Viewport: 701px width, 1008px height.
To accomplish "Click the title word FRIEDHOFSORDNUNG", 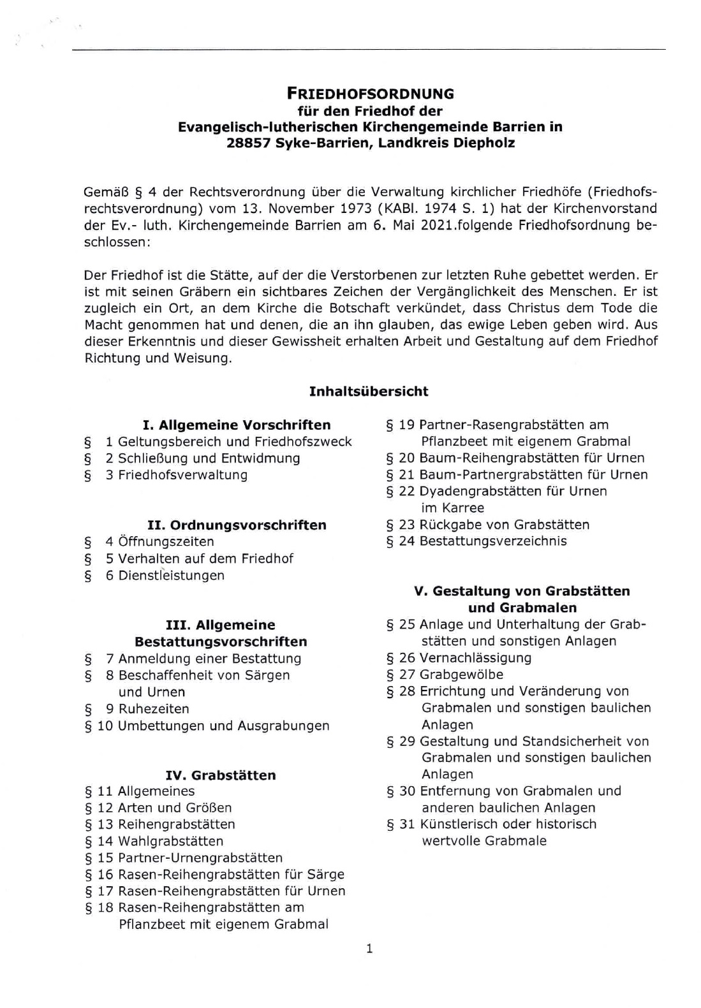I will (370, 94).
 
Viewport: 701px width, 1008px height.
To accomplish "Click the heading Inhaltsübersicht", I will (369, 391).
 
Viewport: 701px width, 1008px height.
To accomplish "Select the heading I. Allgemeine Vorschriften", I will (237, 425).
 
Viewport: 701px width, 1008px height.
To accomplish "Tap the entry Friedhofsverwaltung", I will (182, 475).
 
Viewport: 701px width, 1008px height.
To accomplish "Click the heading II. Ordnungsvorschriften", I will (237, 525).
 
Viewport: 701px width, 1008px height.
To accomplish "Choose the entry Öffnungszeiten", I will (166, 542).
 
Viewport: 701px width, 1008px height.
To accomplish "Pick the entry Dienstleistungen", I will (171, 576).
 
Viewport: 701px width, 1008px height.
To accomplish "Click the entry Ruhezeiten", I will (154, 709).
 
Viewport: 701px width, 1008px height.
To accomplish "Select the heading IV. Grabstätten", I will (221, 775).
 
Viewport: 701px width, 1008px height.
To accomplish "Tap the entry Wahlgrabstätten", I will (170, 842).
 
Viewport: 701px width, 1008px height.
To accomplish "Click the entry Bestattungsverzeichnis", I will (493, 541).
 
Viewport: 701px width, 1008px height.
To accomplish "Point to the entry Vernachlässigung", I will (475, 658).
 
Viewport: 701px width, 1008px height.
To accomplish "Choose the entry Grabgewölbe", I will (461, 675).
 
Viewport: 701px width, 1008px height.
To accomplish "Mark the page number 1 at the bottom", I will (369, 949).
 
